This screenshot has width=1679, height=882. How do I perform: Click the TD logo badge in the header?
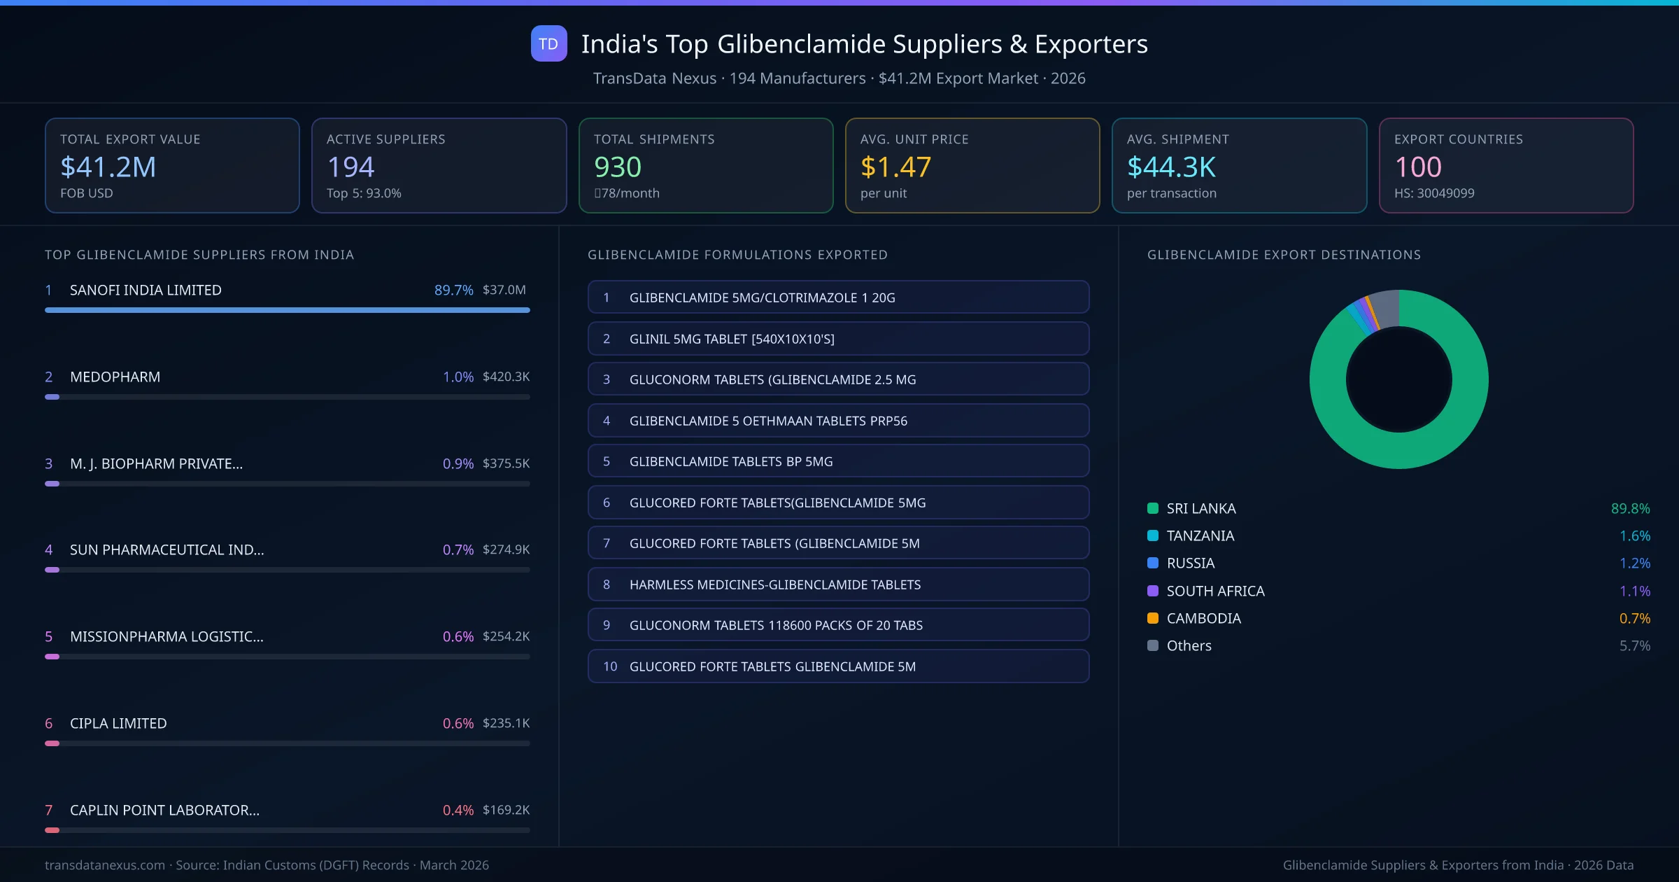click(x=548, y=44)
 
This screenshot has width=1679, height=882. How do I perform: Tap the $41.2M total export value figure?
click(x=108, y=167)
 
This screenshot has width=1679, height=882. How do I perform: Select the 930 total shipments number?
click(x=617, y=167)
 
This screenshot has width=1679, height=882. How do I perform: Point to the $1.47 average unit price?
click(x=895, y=167)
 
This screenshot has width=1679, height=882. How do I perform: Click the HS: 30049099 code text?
click(x=1433, y=193)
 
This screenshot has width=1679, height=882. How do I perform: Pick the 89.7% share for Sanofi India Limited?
click(x=453, y=290)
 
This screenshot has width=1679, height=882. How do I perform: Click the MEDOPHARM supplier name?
click(x=115, y=377)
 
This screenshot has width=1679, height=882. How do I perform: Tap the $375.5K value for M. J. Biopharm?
click(x=506, y=463)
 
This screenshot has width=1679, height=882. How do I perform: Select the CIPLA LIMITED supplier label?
click(x=118, y=723)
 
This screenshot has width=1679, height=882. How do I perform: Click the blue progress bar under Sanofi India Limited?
click(x=287, y=310)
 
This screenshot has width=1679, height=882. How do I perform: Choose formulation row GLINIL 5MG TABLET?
click(x=838, y=339)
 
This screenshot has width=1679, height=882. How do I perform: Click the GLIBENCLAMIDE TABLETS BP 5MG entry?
click(x=838, y=461)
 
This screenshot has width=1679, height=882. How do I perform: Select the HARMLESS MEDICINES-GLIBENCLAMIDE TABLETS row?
click(x=838, y=584)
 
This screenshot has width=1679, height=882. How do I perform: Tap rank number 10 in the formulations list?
click(x=610, y=666)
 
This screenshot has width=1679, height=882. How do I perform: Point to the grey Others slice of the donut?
click(x=1384, y=308)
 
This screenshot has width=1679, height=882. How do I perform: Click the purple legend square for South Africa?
click(x=1153, y=591)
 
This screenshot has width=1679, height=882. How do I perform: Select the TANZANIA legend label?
click(x=1200, y=535)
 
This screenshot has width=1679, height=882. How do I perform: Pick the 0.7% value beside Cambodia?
click(x=1634, y=618)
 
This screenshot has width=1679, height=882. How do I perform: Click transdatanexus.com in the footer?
click(x=105, y=865)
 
